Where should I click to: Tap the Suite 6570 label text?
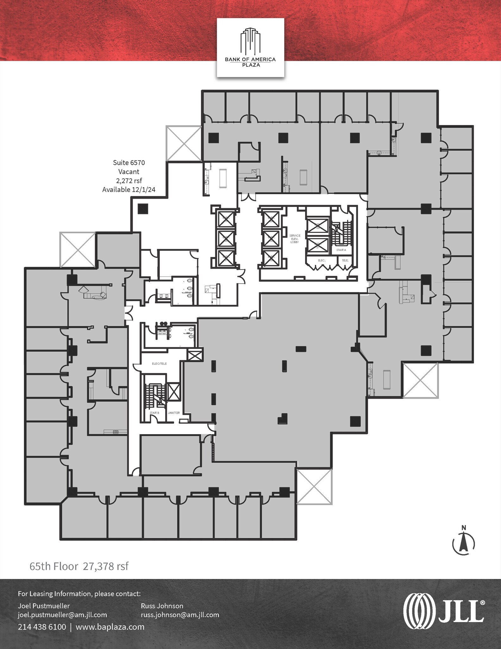[x=129, y=163]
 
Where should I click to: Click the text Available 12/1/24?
[x=129, y=190]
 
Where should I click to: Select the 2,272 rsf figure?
[x=129, y=181]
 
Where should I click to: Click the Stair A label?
[x=341, y=250]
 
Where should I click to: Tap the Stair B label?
[x=154, y=413]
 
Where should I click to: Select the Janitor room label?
[x=174, y=413]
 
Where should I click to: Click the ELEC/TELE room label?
[x=159, y=363]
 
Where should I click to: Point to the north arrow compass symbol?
[x=463, y=544]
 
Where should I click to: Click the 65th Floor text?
[x=53, y=566]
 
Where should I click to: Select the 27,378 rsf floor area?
[x=106, y=566]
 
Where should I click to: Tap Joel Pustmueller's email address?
[x=62, y=615]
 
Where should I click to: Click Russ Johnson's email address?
[x=180, y=615]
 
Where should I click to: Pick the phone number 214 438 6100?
[x=42, y=627]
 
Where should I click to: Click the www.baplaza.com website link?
[x=110, y=627]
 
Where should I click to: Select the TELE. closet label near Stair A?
[x=345, y=260]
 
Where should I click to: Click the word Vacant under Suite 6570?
[x=129, y=172]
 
